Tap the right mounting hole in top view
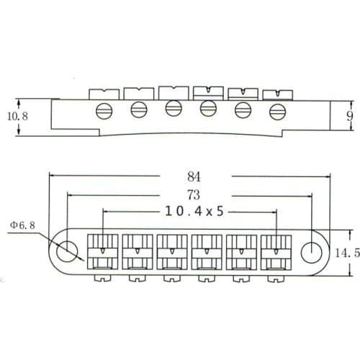310,250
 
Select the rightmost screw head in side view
277,111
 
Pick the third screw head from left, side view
173,108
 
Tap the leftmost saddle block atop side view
103,93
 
